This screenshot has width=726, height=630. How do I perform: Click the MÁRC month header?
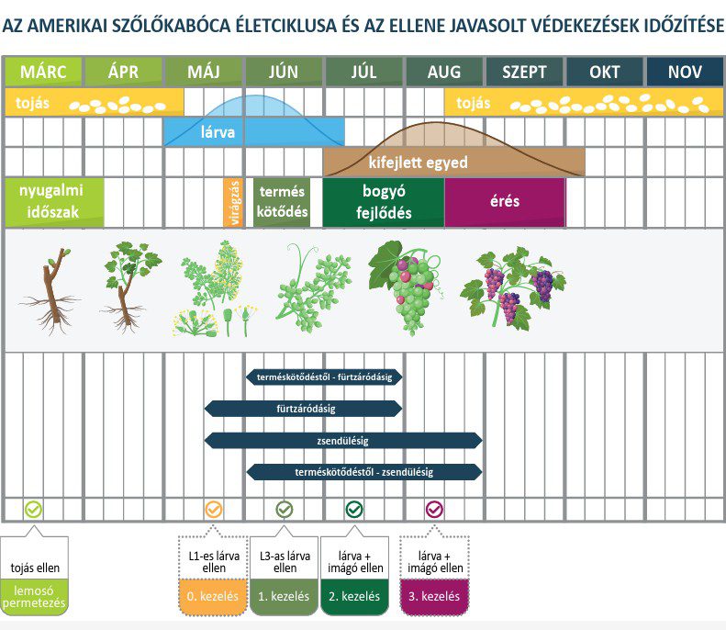click(43, 72)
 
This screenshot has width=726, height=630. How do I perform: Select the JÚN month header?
click(284, 72)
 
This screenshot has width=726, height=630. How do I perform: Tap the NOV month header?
click(685, 72)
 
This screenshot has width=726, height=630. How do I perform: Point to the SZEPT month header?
click(524, 72)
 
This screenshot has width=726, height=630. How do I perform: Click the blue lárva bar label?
click(218, 132)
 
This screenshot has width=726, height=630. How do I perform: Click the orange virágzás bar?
click(233, 202)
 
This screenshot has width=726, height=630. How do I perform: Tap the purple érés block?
click(505, 202)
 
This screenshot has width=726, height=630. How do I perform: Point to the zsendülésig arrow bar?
click(342, 440)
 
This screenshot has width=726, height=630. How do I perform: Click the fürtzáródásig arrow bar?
click(304, 408)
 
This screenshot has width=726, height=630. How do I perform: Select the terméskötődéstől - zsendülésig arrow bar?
click(364, 471)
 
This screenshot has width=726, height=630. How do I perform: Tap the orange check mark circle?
click(213, 509)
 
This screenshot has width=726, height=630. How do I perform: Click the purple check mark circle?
click(434, 509)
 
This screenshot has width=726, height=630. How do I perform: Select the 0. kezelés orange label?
click(212, 596)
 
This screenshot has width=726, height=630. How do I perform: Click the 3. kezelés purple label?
click(434, 596)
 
